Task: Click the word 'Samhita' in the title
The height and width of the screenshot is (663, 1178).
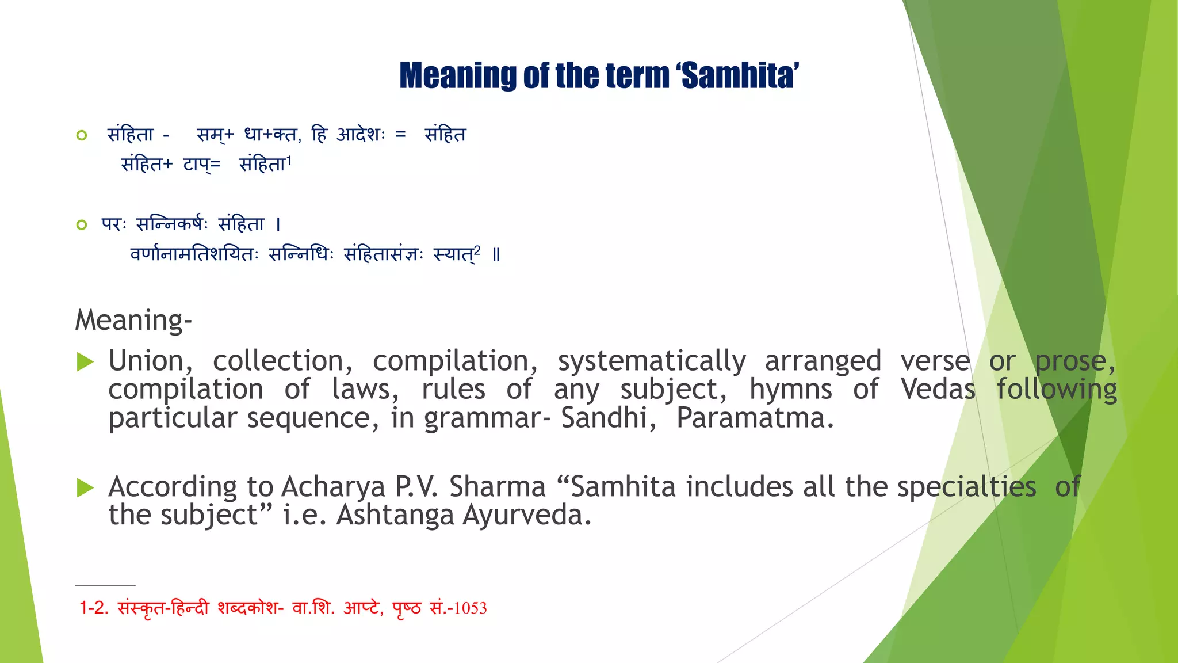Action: tap(739, 76)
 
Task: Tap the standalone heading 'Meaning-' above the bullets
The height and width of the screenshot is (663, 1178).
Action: tap(133, 320)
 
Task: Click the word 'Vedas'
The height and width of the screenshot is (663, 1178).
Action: tap(938, 390)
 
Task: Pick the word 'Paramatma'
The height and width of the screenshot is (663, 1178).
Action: tap(755, 418)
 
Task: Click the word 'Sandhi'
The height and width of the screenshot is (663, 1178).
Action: tap(608, 418)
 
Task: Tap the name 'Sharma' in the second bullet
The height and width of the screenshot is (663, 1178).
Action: tap(497, 487)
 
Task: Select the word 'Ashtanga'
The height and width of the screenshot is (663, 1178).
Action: tap(395, 516)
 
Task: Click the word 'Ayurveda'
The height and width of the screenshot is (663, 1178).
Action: tap(526, 516)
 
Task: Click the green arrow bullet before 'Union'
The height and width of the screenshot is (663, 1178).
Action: tap(85, 362)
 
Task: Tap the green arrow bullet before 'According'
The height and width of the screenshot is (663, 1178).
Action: tap(85, 488)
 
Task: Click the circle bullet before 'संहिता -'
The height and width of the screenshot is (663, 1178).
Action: tap(82, 135)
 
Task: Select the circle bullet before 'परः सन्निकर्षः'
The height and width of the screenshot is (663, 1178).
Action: tap(82, 224)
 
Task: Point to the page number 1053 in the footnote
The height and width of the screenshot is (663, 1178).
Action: tap(470, 608)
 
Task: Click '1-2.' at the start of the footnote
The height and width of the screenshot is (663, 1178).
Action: tap(94, 608)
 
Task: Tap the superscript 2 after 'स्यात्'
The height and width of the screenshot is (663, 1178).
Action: tap(477, 249)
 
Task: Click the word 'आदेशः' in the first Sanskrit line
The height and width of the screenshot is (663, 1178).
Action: tap(361, 135)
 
